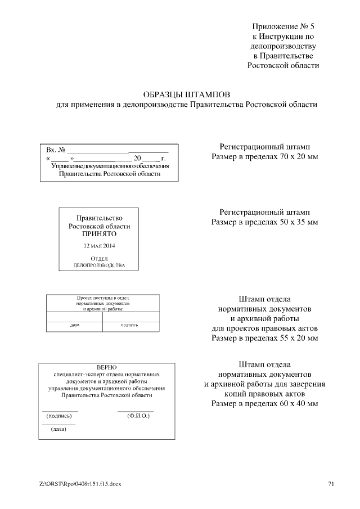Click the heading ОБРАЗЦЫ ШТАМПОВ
(187, 94)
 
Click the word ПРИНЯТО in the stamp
(99, 233)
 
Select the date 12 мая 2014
(99, 246)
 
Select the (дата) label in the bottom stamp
(58, 429)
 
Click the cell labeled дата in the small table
(74, 325)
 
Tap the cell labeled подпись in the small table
(129, 325)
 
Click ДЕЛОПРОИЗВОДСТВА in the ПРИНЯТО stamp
(99, 264)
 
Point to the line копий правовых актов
(264, 394)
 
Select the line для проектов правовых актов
(264, 328)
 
